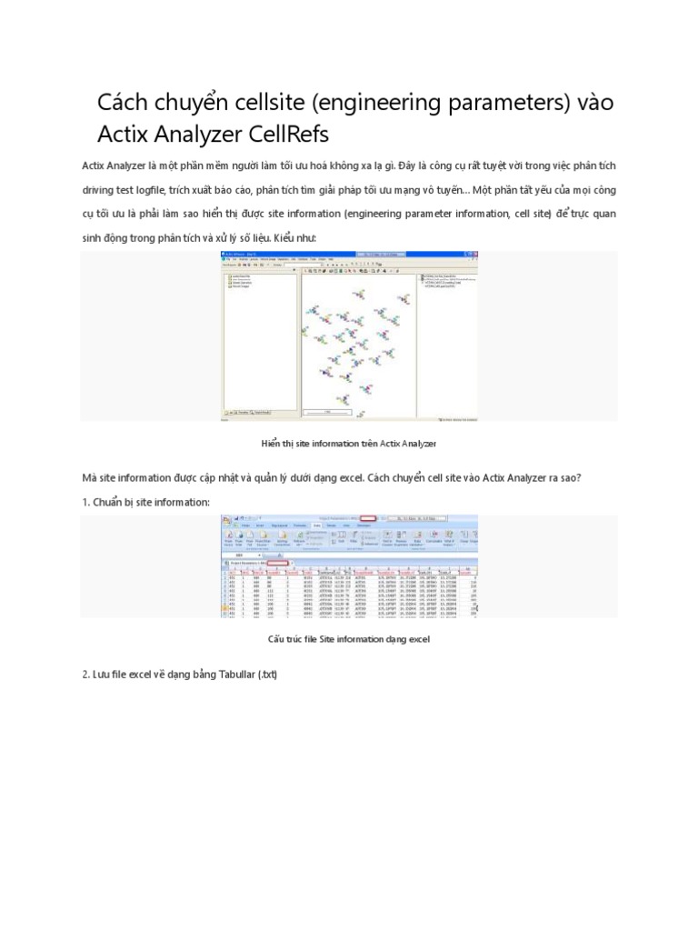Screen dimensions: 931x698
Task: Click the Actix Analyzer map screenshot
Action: tap(350, 337)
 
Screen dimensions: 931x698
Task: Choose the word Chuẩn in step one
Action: tap(111, 502)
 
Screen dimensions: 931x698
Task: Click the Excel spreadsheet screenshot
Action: tap(350, 566)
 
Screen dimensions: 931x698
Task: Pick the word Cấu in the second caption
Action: tap(278, 639)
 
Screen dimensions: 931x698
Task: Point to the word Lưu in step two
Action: tap(104, 674)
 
